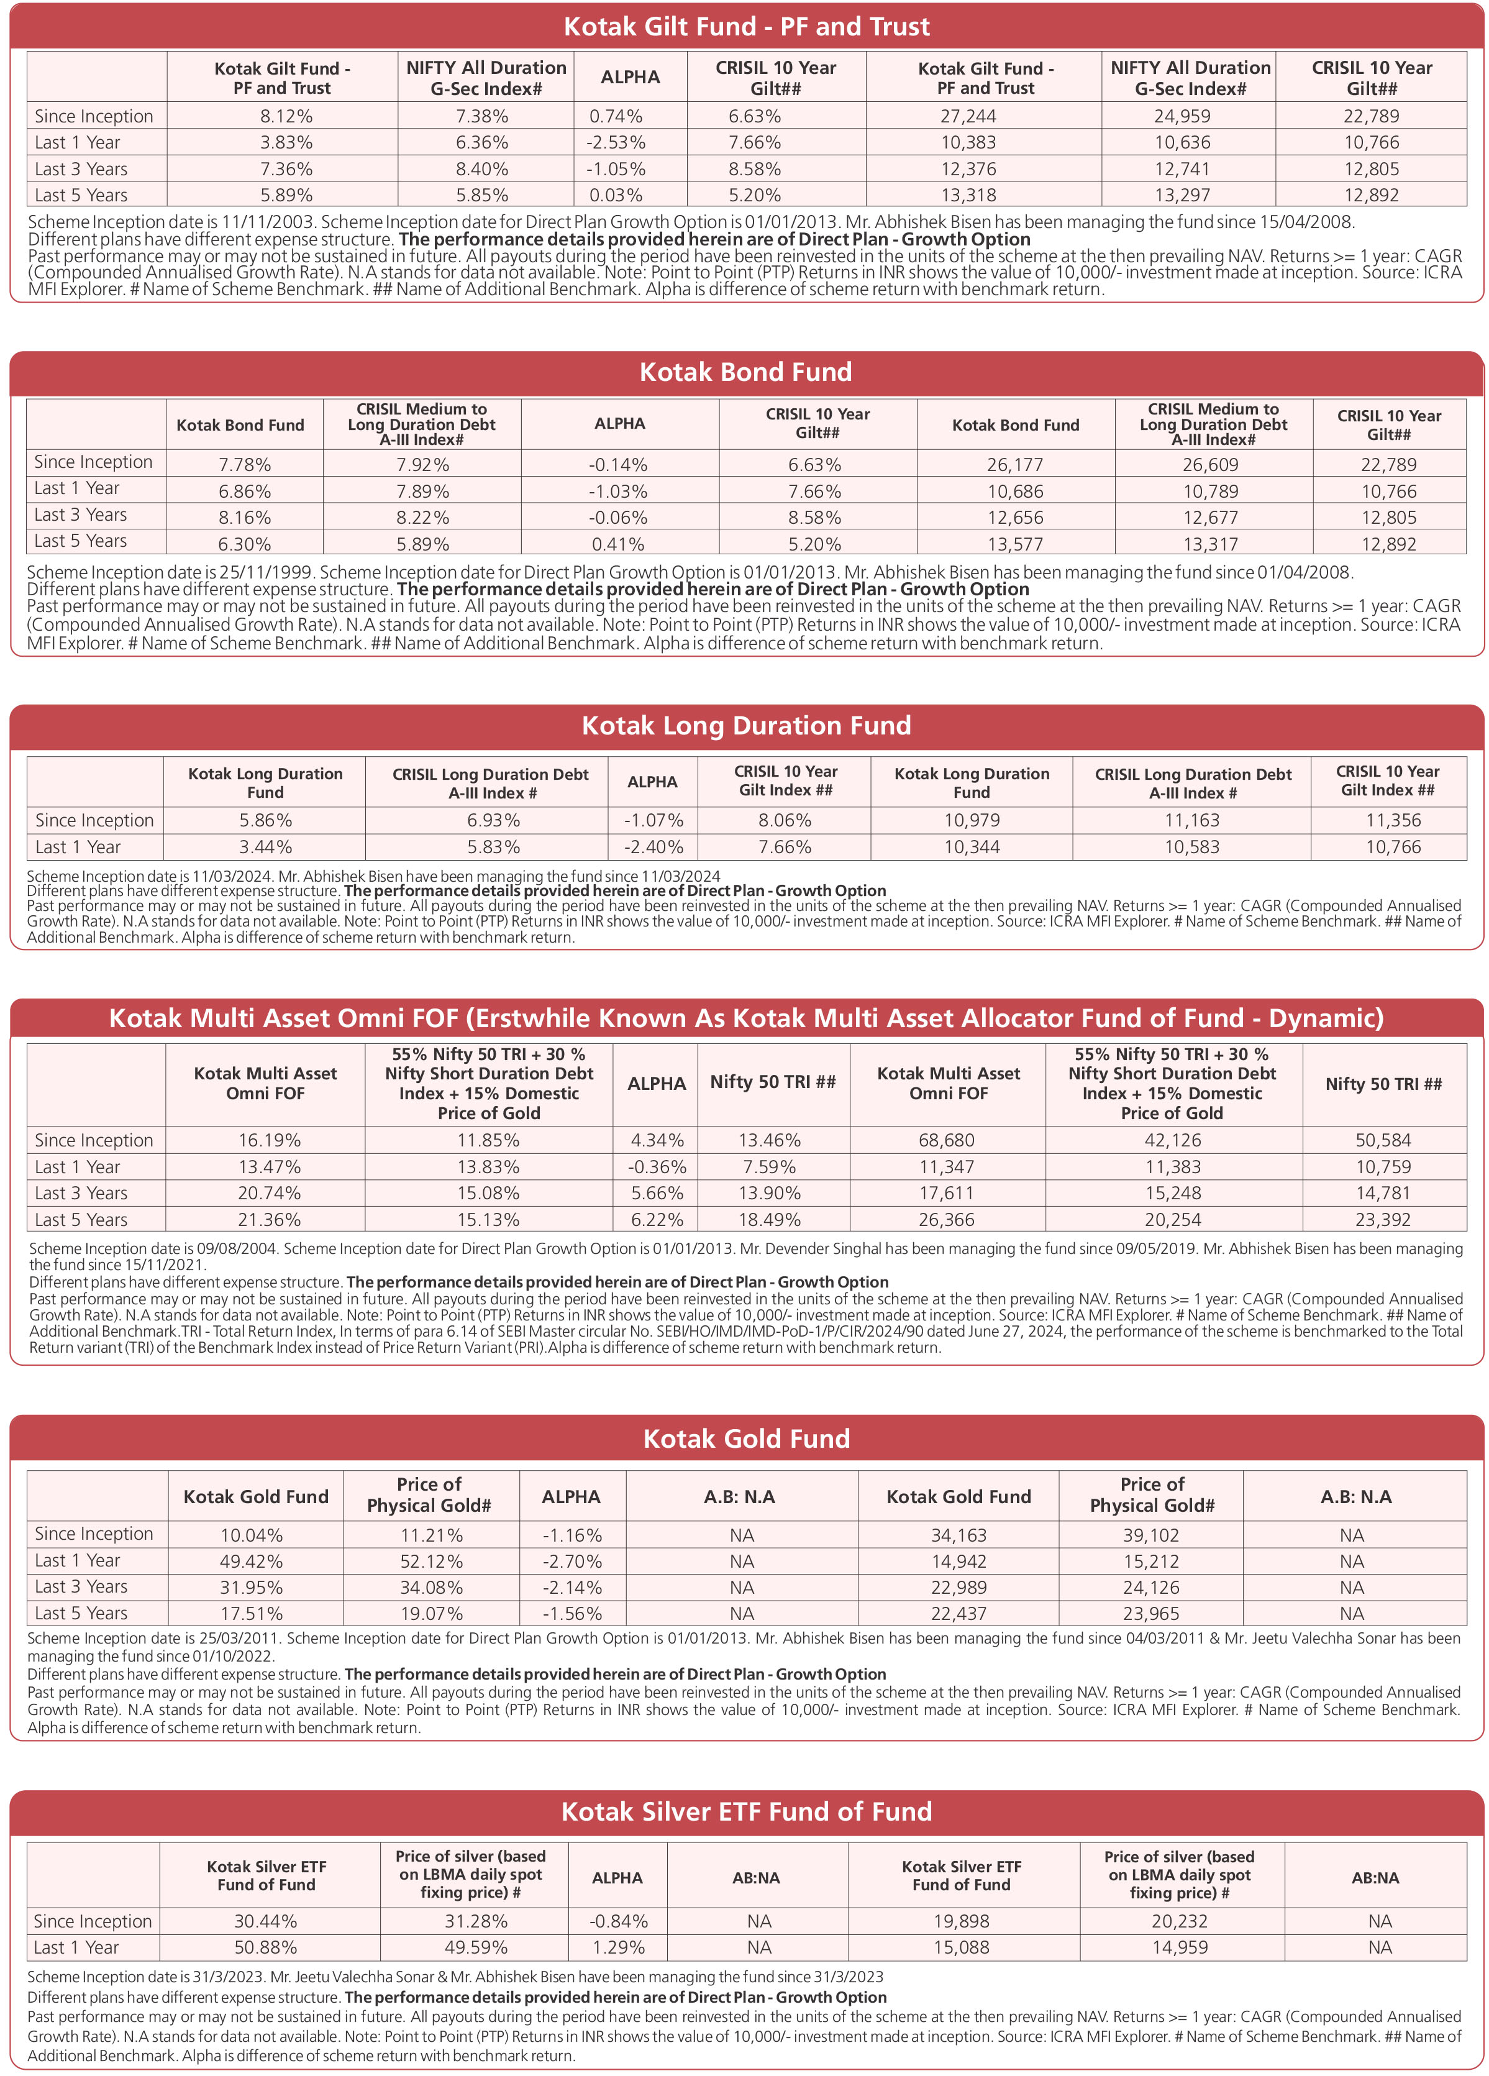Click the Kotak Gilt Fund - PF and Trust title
pyautogui.click(x=746, y=27)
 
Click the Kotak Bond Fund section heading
pyautogui.click(x=746, y=372)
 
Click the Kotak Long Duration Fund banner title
pyautogui.click(x=746, y=726)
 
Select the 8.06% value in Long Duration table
pyautogui.click(x=785, y=820)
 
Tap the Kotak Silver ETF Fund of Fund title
pyautogui.click(x=746, y=1811)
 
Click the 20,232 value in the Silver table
pyautogui.click(x=1180, y=1921)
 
